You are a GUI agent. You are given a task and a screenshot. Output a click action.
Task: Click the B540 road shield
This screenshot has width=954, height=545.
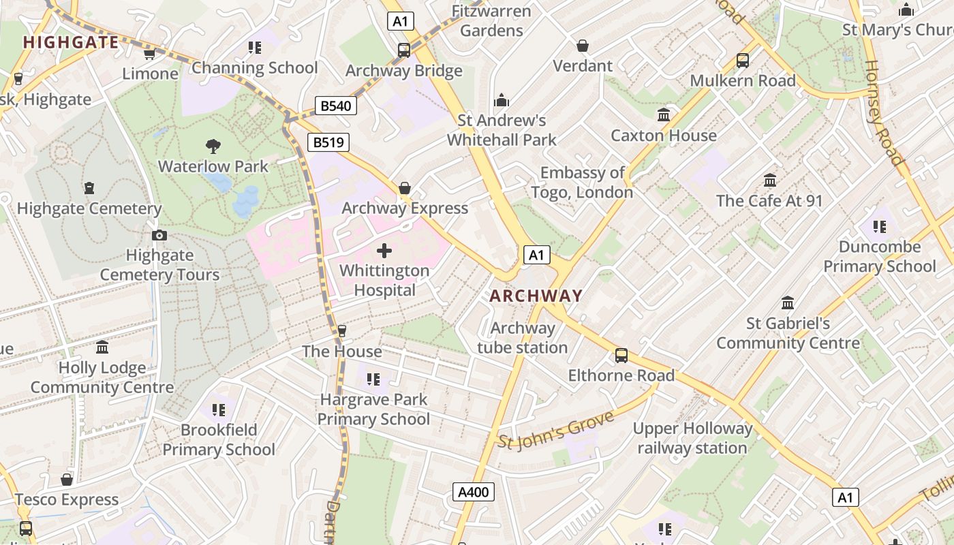coord(336,106)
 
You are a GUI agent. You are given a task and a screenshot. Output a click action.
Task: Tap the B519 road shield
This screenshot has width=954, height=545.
coord(328,142)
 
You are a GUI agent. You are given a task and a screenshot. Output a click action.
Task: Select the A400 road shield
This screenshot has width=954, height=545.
coord(474,492)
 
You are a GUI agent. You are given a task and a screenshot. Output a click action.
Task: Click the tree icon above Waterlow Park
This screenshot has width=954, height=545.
coord(213,146)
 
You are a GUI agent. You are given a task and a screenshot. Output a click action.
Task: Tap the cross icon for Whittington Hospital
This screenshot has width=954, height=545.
coord(384,251)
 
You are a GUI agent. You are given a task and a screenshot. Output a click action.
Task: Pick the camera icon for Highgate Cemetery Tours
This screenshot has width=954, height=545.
coord(159,236)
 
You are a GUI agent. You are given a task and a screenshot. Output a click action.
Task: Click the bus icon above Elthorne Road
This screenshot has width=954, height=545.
coord(621,356)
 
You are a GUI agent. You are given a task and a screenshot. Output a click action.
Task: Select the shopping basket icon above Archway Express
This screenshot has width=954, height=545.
coord(405,188)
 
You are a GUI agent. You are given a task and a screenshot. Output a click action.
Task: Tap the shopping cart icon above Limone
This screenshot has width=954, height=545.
coord(150,54)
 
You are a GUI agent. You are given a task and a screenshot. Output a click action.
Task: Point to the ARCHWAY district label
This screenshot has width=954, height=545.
coord(536,296)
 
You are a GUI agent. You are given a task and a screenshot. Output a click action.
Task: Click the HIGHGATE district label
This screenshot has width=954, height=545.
coord(71,42)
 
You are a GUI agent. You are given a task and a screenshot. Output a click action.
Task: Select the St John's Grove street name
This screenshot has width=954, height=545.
coord(556,430)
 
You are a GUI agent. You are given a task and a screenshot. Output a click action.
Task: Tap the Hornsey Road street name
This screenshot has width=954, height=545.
coord(883,113)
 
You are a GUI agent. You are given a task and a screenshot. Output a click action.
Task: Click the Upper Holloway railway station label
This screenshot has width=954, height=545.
coord(692,438)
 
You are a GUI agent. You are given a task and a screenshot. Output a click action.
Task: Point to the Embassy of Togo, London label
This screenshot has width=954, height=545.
coord(582,183)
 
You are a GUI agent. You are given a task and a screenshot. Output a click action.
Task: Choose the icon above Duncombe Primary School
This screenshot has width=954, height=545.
coord(879,226)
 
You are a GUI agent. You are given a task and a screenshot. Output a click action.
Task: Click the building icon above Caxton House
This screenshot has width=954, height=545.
coord(664,115)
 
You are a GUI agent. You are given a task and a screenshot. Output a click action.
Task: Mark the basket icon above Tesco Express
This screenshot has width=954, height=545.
coord(67,480)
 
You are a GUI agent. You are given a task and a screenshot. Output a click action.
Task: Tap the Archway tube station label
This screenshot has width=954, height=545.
coord(522,338)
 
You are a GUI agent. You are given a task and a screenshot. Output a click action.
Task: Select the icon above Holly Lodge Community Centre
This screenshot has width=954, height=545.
coord(102,348)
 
